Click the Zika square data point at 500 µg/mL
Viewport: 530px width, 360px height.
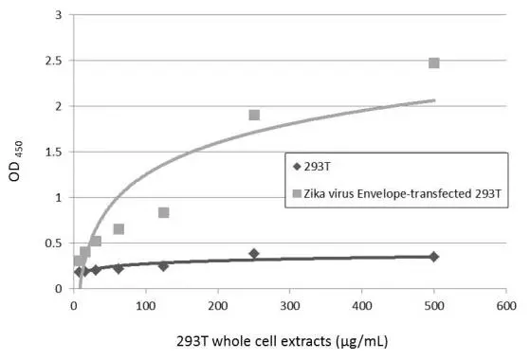(434, 63)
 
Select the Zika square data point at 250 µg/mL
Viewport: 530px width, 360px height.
(254, 116)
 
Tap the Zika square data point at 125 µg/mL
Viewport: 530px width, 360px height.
(164, 212)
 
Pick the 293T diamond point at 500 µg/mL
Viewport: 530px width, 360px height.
(434, 257)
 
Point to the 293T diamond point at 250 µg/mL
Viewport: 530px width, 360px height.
(254, 254)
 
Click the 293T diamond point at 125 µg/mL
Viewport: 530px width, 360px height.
(164, 266)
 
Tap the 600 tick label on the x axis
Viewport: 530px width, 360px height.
(505, 306)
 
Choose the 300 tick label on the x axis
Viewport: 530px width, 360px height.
(289, 306)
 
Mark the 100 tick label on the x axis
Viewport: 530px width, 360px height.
(145, 306)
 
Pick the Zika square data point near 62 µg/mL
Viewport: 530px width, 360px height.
(119, 229)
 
